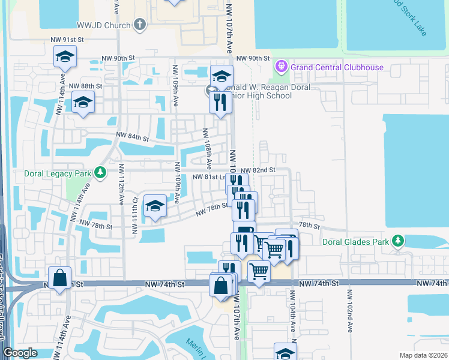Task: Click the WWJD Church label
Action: click(x=103, y=25)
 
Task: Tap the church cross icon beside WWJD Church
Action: click(x=140, y=25)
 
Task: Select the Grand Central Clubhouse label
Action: click(x=337, y=67)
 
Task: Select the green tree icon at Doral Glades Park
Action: click(x=397, y=241)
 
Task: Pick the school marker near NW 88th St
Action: click(x=83, y=102)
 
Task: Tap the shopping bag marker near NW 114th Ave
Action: click(x=59, y=278)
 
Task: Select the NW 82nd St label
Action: click(x=258, y=170)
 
